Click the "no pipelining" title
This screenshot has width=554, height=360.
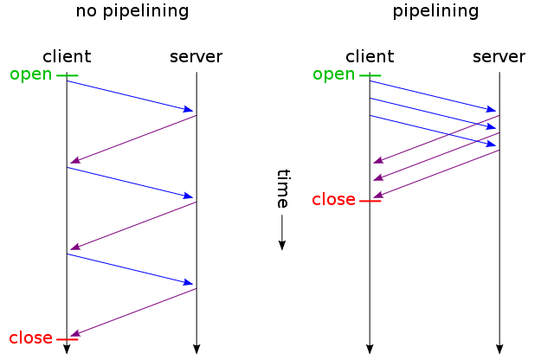tap(132, 11)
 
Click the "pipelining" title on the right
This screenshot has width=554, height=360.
tap(435, 11)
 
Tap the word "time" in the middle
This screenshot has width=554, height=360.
tap(283, 189)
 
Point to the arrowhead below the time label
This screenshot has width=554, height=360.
tap(282, 245)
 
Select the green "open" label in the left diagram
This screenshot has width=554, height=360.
tap(31, 74)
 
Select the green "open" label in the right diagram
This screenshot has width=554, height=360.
tap(333, 74)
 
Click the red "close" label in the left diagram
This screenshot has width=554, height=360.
tap(31, 337)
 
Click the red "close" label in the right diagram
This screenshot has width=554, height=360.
tap(333, 200)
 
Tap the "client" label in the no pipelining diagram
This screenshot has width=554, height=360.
tap(67, 56)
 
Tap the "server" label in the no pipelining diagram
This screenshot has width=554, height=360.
tap(196, 57)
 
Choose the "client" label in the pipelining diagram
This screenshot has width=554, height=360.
tap(370, 56)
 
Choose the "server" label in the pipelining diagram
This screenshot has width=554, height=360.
tap(499, 57)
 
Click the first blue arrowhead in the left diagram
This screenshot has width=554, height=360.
tap(188, 109)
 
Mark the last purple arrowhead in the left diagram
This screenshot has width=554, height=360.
tap(75, 333)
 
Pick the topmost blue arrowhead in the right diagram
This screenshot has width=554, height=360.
tap(491, 109)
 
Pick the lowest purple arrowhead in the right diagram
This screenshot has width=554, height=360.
tap(378, 195)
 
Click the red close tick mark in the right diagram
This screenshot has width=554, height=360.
tap(370, 201)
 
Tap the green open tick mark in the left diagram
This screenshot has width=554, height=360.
tap(68, 75)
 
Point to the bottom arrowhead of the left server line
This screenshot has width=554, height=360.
tap(196, 349)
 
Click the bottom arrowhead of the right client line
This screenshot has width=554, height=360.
tap(370, 349)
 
